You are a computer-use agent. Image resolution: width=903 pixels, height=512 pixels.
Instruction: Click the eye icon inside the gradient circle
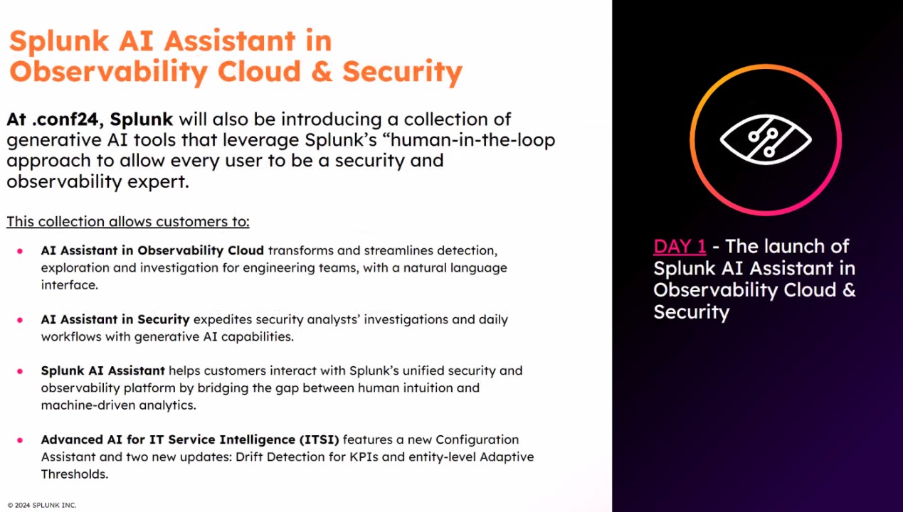click(x=766, y=139)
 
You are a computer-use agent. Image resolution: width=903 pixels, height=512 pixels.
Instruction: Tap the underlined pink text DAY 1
click(x=680, y=247)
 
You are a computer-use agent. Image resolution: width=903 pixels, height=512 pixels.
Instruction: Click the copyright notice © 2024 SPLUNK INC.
click(x=42, y=505)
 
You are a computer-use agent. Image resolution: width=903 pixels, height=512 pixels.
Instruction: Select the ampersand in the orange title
click(x=322, y=71)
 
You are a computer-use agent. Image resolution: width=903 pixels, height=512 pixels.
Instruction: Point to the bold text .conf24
click(x=68, y=119)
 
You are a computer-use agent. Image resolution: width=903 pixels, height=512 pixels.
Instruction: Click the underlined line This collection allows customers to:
click(x=128, y=222)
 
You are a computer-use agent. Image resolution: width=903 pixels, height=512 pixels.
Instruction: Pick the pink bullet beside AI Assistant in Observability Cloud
click(x=20, y=251)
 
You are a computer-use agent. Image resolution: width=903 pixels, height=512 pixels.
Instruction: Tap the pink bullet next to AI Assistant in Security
click(x=20, y=320)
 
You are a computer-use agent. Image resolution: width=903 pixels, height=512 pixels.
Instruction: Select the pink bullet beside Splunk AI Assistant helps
click(x=20, y=371)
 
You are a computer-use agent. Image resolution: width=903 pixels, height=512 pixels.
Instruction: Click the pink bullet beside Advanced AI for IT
click(x=20, y=440)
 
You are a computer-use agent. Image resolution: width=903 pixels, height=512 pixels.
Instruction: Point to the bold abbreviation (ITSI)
click(x=320, y=439)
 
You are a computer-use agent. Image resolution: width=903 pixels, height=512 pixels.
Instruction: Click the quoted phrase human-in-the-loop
click(x=473, y=140)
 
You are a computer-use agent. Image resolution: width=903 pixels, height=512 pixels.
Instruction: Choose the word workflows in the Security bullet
click(x=71, y=337)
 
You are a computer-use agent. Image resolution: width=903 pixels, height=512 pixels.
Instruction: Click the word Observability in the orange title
click(x=108, y=72)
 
